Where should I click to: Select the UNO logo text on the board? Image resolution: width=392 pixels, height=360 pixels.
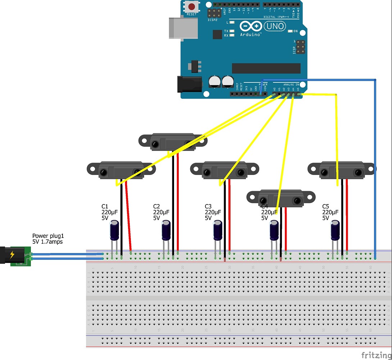(x=275, y=26)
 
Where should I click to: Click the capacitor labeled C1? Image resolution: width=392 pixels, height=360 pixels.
(x=114, y=230)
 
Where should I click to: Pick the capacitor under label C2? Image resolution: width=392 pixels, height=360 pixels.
(x=166, y=230)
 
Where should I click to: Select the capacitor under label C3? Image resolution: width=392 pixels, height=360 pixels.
(x=218, y=230)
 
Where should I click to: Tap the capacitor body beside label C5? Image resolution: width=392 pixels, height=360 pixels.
(x=335, y=230)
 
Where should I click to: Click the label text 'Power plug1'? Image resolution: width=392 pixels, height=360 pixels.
(x=47, y=236)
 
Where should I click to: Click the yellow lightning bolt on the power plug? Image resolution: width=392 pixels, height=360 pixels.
(x=12, y=255)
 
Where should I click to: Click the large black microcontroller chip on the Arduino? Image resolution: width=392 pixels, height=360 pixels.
(x=266, y=68)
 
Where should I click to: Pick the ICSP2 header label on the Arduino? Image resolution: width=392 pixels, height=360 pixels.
(x=213, y=20)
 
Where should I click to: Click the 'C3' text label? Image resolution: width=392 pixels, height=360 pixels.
(x=208, y=207)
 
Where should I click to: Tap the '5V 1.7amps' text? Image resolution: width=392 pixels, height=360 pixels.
(x=47, y=242)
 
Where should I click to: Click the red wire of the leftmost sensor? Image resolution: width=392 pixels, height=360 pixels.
(x=128, y=216)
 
